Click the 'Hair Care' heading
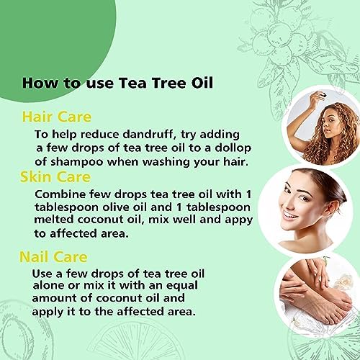point(57,117)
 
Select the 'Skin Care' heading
point(55,177)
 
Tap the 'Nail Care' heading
point(53,257)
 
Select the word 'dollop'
point(233,149)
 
